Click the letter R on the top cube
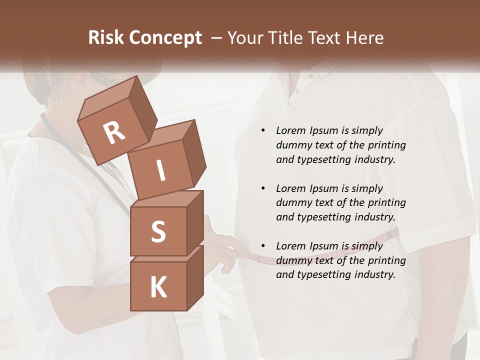tap(114, 133)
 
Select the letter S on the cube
tap(158, 231)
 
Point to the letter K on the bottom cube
tap(158, 287)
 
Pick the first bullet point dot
tap(263, 131)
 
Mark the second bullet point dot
tap(263, 188)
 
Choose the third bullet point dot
tap(263, 246)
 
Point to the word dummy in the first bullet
tap(292, 145)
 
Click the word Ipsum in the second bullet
tap(325, 188)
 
